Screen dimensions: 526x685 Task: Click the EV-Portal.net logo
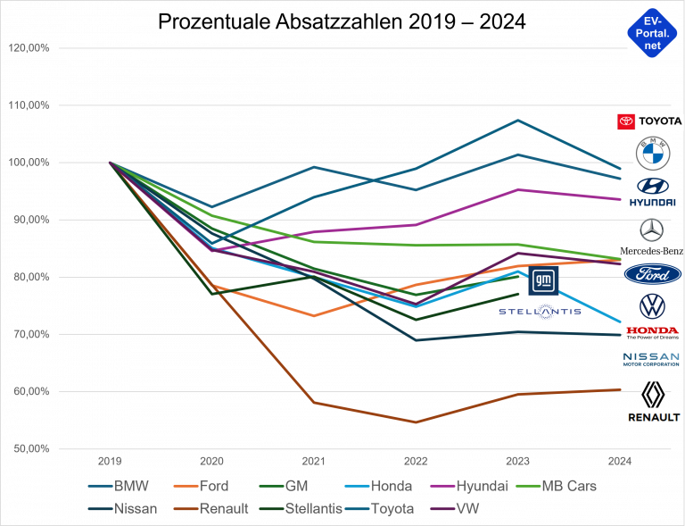point(652,33)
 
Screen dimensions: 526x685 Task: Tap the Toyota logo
point(649,121)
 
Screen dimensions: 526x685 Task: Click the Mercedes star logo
point(652,230)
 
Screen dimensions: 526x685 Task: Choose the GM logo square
point(543,280)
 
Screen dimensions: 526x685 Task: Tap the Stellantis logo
point(540,311)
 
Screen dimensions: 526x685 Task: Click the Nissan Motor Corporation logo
point(651,359)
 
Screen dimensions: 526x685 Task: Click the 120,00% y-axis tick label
point(29,48)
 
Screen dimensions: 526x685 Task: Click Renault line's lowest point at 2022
point(416,422)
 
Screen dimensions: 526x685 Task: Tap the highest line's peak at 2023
point(517,120)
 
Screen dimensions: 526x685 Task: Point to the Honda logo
point(653,333)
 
